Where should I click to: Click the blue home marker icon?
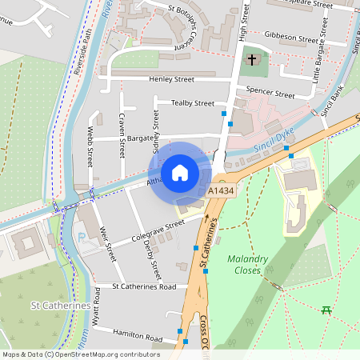coord(180,172)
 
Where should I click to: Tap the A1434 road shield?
coord(221,193)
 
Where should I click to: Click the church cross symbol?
coord(252,61)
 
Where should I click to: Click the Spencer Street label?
coord(270,94)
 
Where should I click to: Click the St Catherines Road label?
coord(144,286)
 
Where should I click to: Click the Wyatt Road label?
coord(97,305)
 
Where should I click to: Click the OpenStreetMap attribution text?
coord(81,354)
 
